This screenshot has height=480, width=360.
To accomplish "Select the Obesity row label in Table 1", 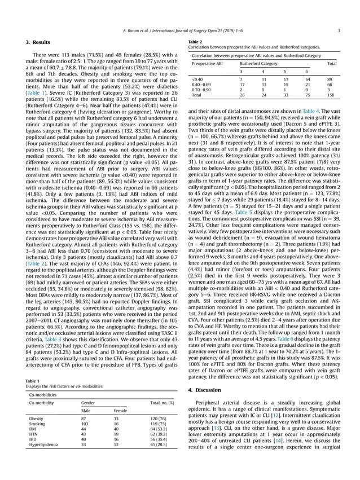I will point(37,418).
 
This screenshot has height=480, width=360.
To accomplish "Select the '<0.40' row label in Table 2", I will point(197,80).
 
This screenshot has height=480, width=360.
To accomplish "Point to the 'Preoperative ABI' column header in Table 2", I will point(207,64).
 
